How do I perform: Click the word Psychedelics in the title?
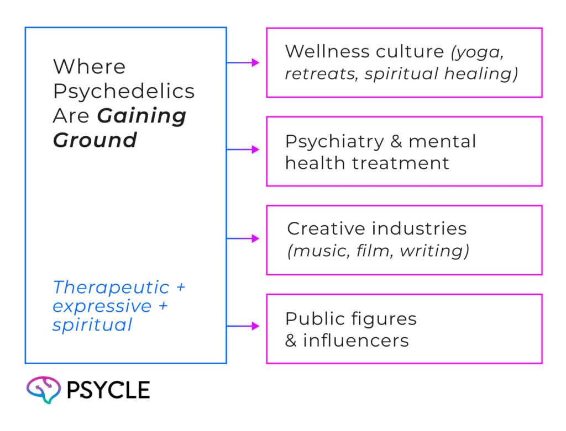pyautogui.click(x=124, y=92)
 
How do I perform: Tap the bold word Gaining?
pyautogui.click(x=142, y=116)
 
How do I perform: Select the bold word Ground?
pyautogui.click(x=95, y=140)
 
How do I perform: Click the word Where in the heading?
pyautogui.click(x=89, y=67)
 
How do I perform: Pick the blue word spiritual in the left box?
pyautogui.click(x=92, y=324)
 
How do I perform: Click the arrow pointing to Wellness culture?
pyautogui.click(x=244, y=63)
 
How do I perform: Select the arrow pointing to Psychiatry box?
pyautogui.click(x=244, y=150)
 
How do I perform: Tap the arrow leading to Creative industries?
pyautogui.click(x=244, y=238)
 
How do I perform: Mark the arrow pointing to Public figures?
pyautogui.click(x=244, y=327)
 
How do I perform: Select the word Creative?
pyautogui.click(x=319, y=228)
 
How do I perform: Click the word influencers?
pyautogui.click(x=355, y=340)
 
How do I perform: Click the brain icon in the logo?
pyautogui.click(x=43, y=390)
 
